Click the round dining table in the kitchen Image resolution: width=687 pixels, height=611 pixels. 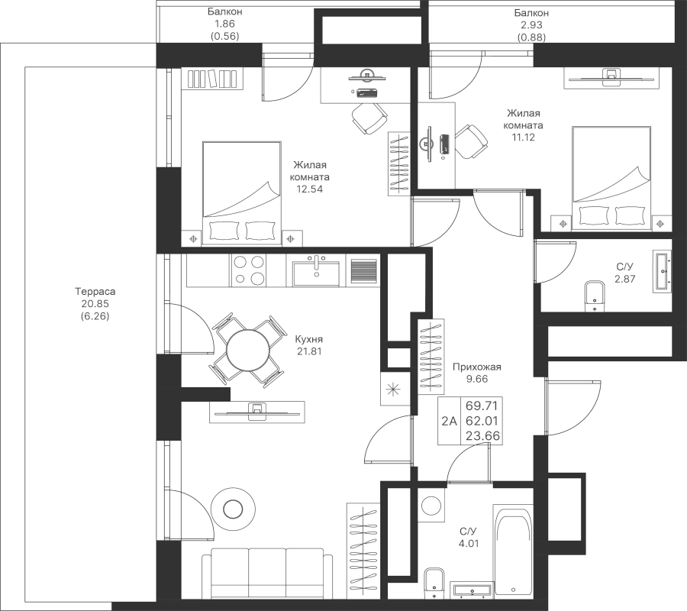click(x=247, y=351)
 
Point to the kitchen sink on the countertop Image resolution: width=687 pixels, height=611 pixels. click(x=318, y=270)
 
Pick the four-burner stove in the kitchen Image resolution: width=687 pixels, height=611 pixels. click(x=250, y=270)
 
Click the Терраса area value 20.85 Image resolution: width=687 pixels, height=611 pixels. click(x=95, y=304)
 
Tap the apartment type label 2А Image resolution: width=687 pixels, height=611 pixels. click(x=449, y=420)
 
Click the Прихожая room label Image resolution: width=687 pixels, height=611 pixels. click(x=476, y=367)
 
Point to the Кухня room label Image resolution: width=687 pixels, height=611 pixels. click(x=309, y=340)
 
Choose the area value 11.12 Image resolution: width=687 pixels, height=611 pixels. click(x=523, y=139)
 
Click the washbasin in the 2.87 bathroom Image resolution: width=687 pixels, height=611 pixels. click(x=661, y=270)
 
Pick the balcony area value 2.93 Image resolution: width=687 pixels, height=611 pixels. click(x=531, y=25)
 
